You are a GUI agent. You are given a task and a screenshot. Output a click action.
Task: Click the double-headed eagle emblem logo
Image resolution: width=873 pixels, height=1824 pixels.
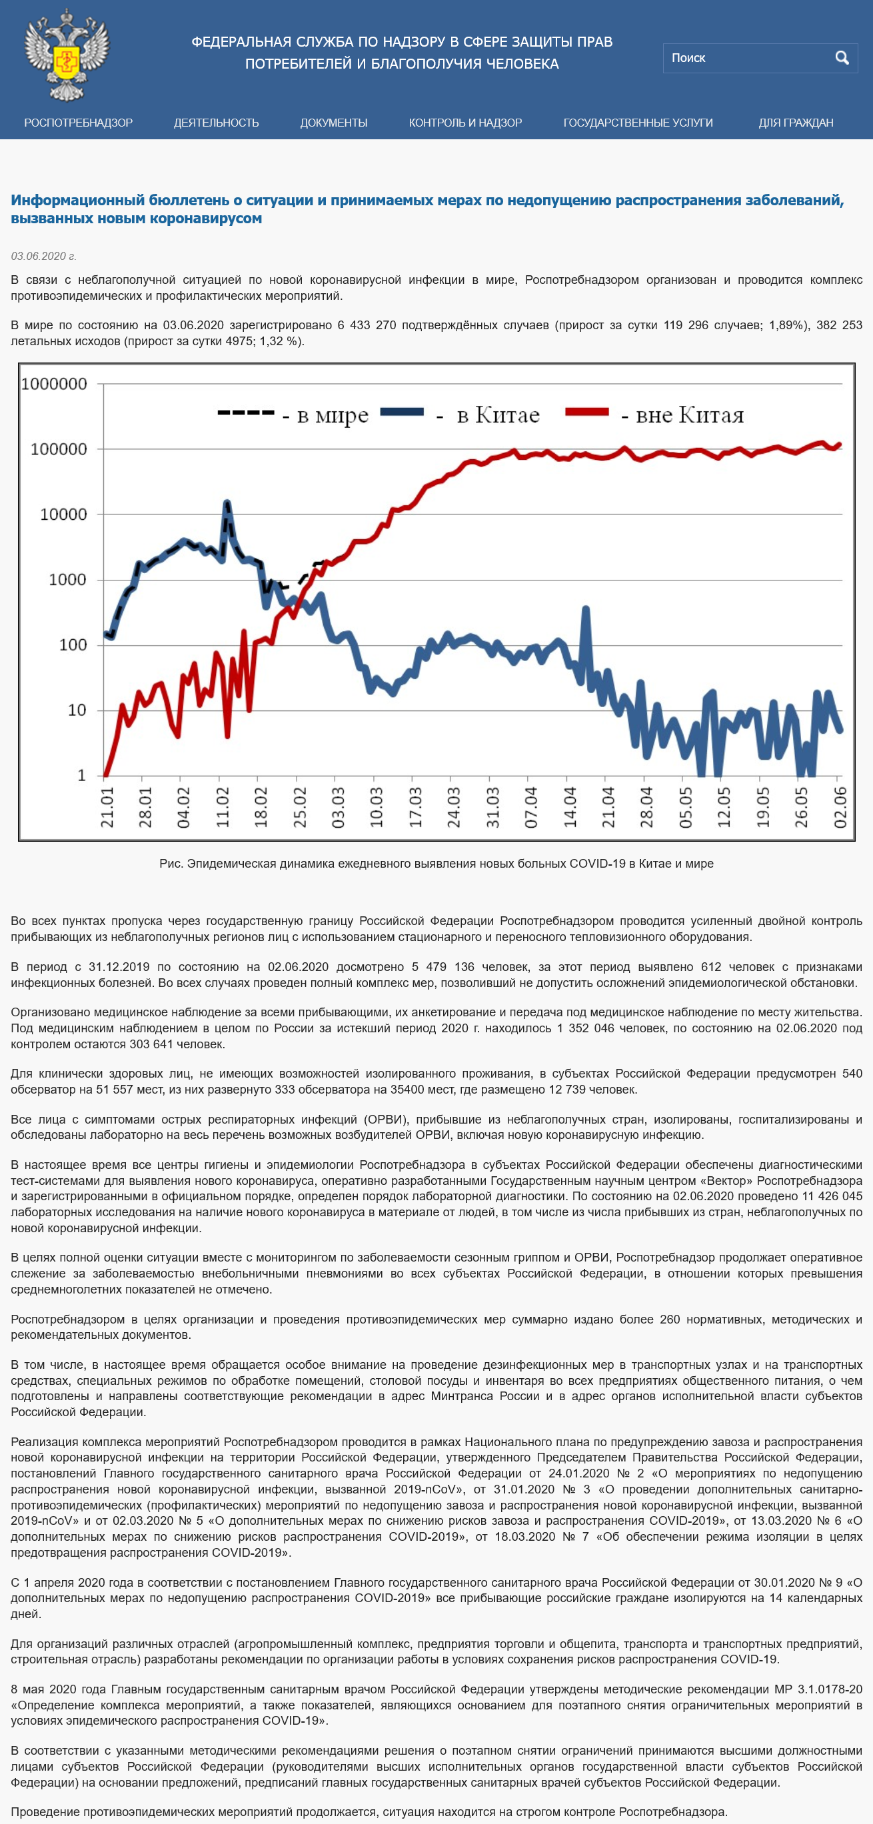point(67,54)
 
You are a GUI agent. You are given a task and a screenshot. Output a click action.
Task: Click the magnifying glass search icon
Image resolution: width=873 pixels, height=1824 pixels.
point(842,58)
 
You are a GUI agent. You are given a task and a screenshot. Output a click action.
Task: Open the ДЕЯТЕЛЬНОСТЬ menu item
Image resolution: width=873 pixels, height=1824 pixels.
point(217,123)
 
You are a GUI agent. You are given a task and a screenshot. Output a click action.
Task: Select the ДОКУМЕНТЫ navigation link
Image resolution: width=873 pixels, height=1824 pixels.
point(333,123)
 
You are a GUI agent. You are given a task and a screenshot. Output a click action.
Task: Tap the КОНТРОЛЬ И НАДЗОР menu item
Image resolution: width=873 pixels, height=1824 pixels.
point(465,123)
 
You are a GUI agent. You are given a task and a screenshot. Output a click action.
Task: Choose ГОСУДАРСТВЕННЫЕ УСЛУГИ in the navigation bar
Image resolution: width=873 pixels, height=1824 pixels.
point(638,123)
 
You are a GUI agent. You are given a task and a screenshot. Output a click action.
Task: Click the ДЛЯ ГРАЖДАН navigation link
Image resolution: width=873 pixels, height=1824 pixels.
point(796,123)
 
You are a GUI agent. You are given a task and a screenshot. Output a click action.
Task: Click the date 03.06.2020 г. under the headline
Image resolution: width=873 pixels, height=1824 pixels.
point(43,257)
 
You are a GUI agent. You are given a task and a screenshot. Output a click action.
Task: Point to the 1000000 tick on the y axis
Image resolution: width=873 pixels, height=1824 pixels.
point(55,384)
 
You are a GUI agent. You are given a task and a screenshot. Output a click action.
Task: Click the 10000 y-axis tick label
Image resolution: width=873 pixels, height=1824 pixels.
point(64,514)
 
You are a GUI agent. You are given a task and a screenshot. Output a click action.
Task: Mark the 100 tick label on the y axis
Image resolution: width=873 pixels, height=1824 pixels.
point(73,644)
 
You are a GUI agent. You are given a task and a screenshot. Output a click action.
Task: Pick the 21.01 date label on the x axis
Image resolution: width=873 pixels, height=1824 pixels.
point(107,807)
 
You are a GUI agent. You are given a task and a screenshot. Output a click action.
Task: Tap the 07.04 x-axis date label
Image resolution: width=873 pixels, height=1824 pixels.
point(531,807)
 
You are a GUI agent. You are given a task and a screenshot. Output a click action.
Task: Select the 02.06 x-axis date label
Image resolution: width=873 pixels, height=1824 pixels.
point(840,807)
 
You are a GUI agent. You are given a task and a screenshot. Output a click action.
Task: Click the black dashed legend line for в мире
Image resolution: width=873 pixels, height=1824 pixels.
point(246,412)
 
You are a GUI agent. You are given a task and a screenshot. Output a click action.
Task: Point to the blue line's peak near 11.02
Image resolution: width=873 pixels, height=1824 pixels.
point(227,502)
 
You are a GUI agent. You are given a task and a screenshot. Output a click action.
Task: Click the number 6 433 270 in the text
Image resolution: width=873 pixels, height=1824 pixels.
point(367,325)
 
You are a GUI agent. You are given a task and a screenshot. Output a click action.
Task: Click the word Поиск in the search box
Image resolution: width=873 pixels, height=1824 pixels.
point(688,58)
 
